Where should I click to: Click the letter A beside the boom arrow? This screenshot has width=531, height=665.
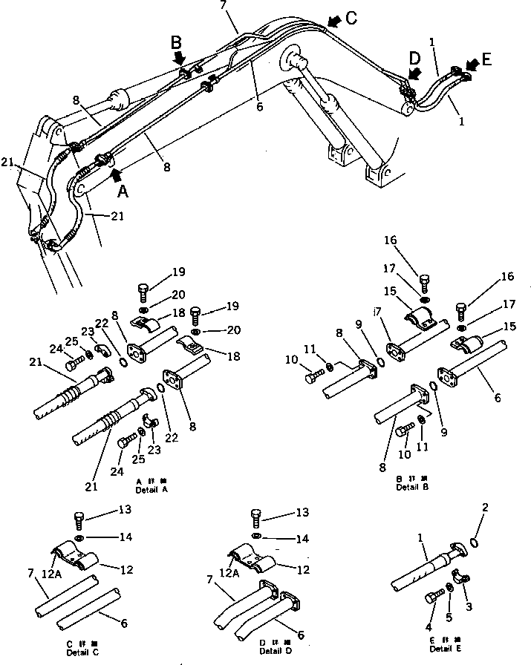[x=124, y=191]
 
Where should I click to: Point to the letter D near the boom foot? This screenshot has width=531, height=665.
[x=414, y=57]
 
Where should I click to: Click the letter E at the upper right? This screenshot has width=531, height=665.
[x=486, y=59]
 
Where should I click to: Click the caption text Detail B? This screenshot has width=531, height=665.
[x=411, y=487]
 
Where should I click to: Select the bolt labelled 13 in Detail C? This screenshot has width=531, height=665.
[x=79, y=517]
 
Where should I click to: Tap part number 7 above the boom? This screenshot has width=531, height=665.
[x=224, y=7]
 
